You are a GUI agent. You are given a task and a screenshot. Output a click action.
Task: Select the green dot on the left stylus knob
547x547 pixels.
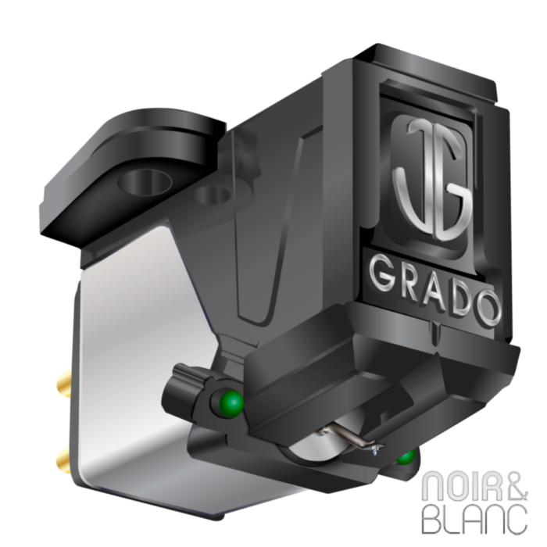pyautogui.click(x=231, y=403)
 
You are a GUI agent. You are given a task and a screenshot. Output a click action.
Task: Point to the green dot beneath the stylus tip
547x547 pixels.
pyautogui.click(x=406, y=456)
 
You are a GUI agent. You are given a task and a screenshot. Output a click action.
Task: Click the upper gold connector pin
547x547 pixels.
pyautogui.click(x=63, y=382)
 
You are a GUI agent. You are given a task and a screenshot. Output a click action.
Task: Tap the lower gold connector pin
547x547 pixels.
pyautogui.click(x=63, y=459)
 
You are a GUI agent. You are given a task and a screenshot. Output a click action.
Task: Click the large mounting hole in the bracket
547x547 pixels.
pyautogui.click(x=145, y=182)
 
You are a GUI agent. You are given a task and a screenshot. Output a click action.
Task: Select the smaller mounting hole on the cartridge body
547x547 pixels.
pyautogui.click(x=213, y=195)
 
